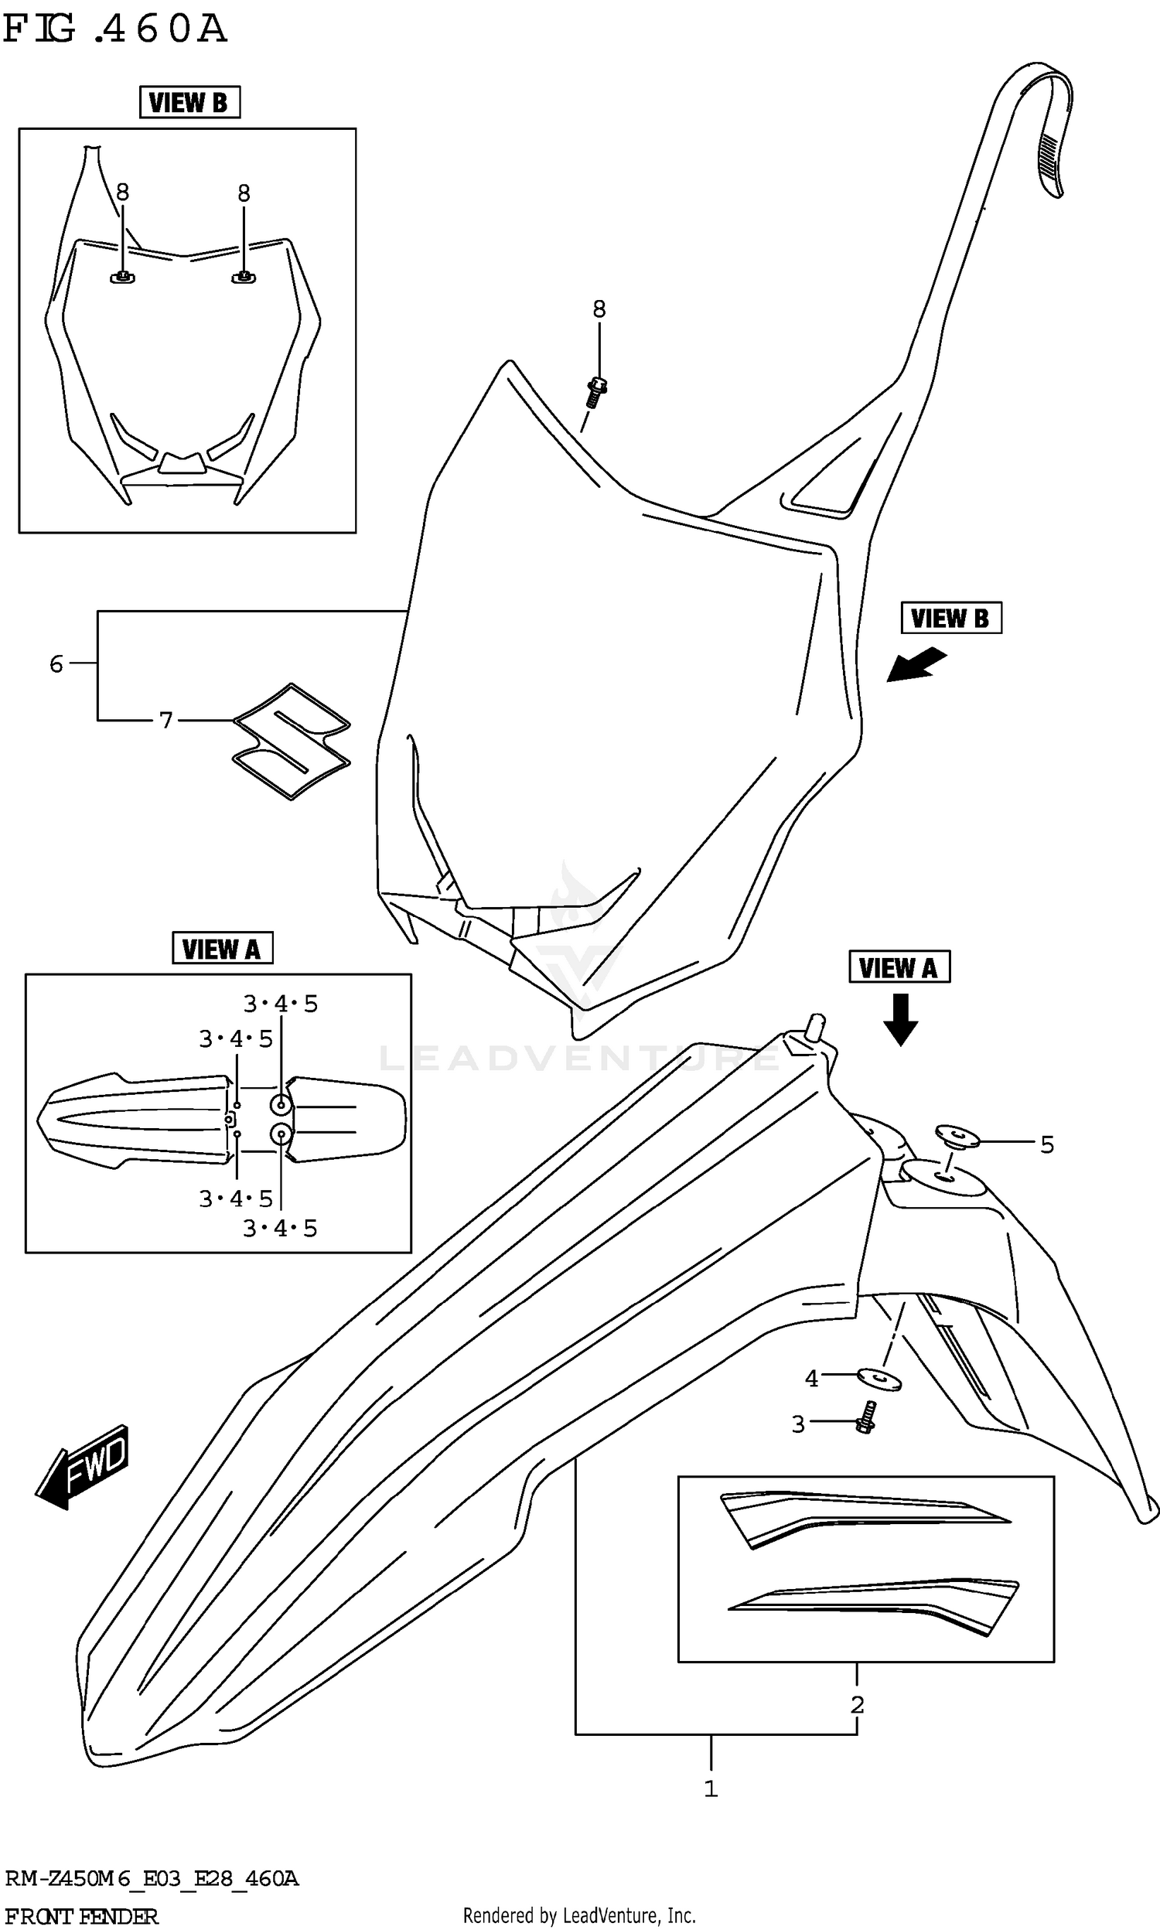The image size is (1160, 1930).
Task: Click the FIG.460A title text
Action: point(115,29)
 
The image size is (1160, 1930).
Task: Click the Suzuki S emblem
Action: point(291,740)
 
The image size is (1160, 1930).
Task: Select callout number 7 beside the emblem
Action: point(165,720)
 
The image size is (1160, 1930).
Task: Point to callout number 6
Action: point(56,664)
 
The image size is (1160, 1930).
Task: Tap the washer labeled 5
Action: point(957,1134)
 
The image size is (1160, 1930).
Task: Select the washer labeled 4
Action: point(879,1379)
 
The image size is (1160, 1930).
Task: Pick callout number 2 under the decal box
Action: point(857,1705)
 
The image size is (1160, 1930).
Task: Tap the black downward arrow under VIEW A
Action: point(899,1019)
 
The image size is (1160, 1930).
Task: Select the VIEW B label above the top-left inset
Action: point(189,102)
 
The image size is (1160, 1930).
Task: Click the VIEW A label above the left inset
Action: point(222,949)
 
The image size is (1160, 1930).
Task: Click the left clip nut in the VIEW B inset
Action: point(123,278)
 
